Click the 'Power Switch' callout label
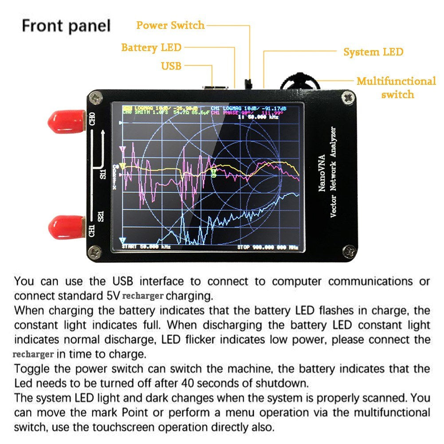pyautogui.click(x=170, y=25)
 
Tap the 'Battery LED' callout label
pyautogui.click(x=151, y=47)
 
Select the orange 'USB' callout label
pyautogui.click(x=171, y=66)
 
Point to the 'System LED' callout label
pyautogui.click(x=373, y=52)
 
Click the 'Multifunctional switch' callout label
pyautogui.click(x=396, y=88)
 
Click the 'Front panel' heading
pyautogui.click(x=66, y=25)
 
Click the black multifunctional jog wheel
pyautogui.click(x=301, y=82)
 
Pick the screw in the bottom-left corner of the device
pyautogui.click(x=95, y=252)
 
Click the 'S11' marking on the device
pyautogui.click(x=103, y=173)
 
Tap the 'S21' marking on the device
pyautogui.click(x=101, y=216)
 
